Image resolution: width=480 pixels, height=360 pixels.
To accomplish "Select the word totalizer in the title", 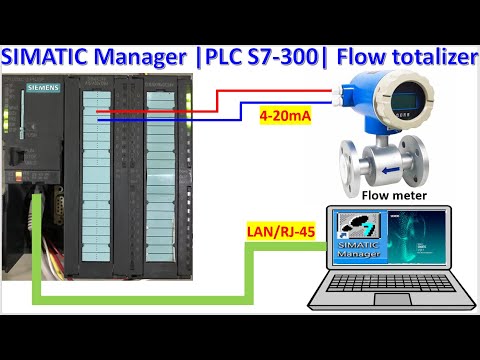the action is point(426,59).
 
